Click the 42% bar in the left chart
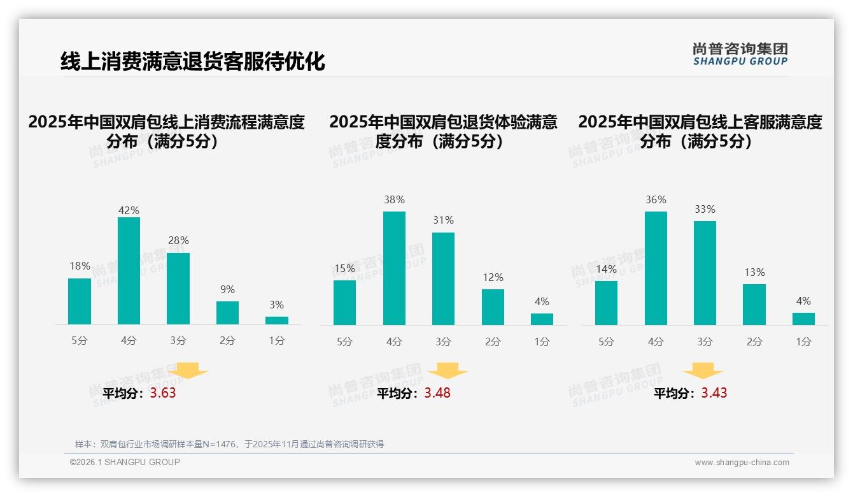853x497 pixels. tap(129, 271)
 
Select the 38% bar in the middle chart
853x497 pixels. tap(394, 268)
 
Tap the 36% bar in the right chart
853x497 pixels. tap(656, 268)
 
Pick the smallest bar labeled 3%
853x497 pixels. tap(277, 321)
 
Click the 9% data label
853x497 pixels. tap(227, 289)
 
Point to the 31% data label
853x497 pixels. tap(443, 220)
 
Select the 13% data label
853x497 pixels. tap(754, 272)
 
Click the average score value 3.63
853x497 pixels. tap(163, 393)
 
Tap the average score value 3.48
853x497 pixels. tap(437, 393)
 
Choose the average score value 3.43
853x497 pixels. tap(714, 393)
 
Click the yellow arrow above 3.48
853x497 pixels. tap(448, 371)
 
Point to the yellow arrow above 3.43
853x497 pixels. tap(703, 371)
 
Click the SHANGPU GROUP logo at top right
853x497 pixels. tap(740, 54)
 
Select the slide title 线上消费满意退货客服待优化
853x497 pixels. tap(192, 62)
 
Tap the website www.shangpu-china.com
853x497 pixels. tap(742, 463)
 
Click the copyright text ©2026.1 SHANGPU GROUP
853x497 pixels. tap(125, 462)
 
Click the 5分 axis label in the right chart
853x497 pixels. tap(606, 342)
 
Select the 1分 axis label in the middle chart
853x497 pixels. tap(542, 342)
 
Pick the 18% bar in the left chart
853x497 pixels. tap(80, 301)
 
